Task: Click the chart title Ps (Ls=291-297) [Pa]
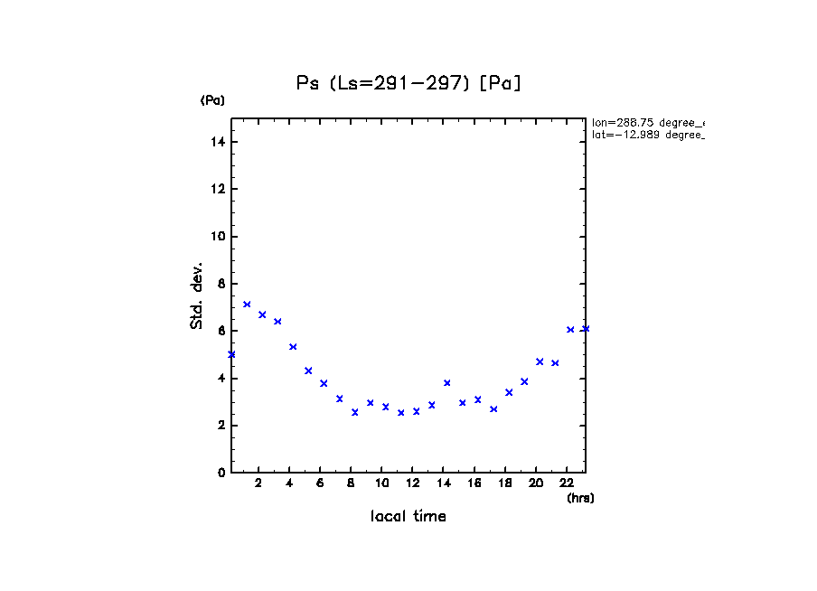[x=408, y=83]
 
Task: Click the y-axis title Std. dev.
[x=197, y=295]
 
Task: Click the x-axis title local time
[x=408, y=517]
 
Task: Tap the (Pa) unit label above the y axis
[x=212, y=100]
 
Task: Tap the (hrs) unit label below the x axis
[x=580, y=498]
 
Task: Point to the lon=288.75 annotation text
[x=647, y=122]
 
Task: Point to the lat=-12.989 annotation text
[x=647, y=135]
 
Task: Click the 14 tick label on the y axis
[x=219, y=142]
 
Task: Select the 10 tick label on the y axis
[x=219, y=237]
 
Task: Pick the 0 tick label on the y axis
[x=221, y=473]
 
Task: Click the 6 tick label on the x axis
[x=320, y=483]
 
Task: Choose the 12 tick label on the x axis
[x=412, y=483]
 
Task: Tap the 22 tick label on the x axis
[x=567, y=483]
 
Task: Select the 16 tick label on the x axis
[x=474, y=483]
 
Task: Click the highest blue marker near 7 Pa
[x=247, y=305]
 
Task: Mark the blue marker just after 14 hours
[x=446, y=383]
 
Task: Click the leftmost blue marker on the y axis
[x=231, y=354]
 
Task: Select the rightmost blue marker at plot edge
[x=586, y=329]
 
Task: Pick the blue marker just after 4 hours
[x=293, y=347]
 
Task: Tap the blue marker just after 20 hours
[x=540, y=361]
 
